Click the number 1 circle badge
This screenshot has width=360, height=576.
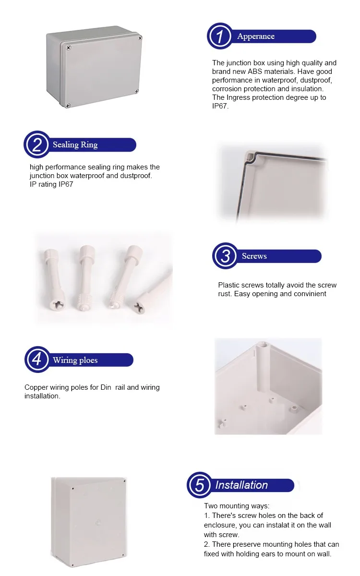tap(220, 36)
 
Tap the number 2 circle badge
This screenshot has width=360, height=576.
tap(37, 145)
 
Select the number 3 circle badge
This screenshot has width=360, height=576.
tap(226, 256)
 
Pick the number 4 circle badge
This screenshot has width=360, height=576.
tap(37, 360)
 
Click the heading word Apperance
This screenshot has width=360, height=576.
tap(256, 36)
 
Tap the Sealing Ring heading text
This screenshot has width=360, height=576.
tap(75, 145)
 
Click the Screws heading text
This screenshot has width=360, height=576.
tap(254, 256)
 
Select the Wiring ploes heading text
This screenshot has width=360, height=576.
tap(75, 360)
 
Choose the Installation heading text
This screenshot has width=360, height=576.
tap(241, 485)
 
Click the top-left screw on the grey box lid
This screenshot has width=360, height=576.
tap(69, 47)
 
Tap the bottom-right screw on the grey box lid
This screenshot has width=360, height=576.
tap(136, 91)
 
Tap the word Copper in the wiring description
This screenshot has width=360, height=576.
tap(36, 387)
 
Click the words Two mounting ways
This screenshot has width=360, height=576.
tap(237, 506)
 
